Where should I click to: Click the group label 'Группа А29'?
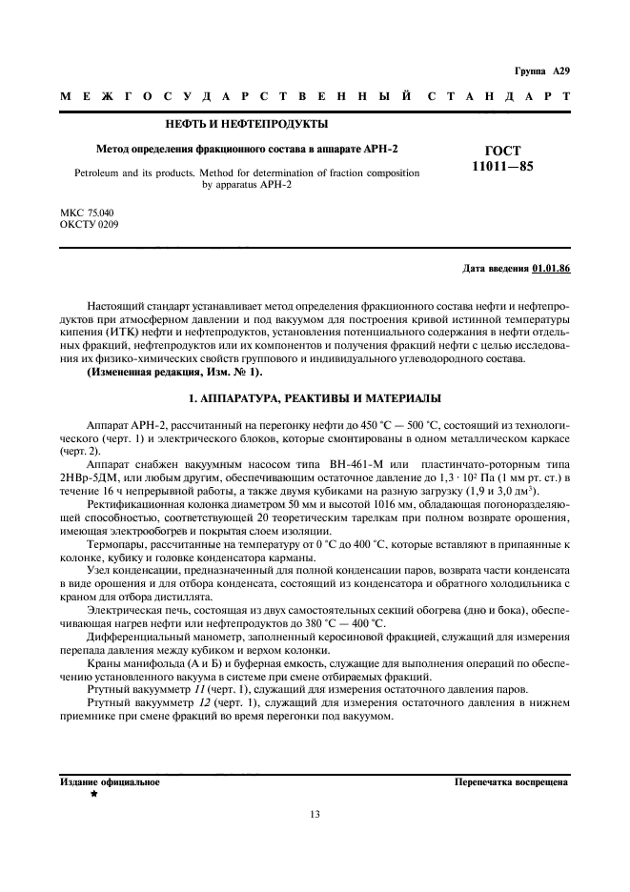541,71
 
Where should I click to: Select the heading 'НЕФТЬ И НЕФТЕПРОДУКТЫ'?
247,125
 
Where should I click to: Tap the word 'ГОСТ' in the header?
503,151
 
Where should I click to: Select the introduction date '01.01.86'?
551,270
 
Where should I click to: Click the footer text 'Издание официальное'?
110,781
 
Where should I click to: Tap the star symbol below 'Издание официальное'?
94,793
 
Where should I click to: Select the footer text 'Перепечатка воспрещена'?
512,781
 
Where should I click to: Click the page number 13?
315,814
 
